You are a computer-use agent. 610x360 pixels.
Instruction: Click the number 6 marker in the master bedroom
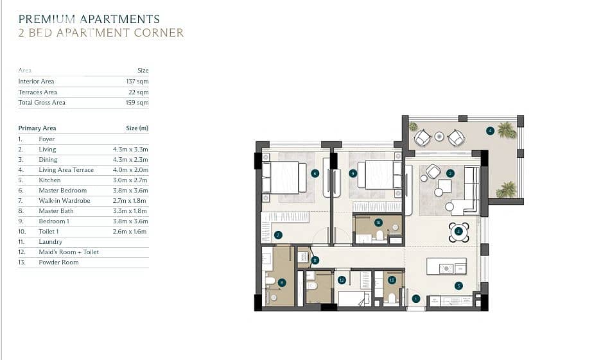[x=315, y=173]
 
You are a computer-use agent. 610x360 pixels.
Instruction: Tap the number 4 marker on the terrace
[x=490, y=131]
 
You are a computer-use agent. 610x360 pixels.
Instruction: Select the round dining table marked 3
[x=458, y=232]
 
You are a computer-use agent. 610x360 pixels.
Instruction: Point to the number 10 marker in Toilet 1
[x=378, y=223]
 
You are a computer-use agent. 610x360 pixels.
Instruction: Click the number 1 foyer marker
[x=416, y=299]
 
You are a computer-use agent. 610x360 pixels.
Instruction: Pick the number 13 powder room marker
[x=392, y=280]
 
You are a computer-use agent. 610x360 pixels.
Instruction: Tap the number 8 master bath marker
[x=282, y=283]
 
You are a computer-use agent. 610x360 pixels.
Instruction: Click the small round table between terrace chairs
[x=439, y=137]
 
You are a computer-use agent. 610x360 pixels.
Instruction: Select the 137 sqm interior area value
[x=137, y=81]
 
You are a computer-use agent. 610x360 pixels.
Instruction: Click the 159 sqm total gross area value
[x=137, y=103]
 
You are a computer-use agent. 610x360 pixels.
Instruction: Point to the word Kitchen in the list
[x=50, y=180]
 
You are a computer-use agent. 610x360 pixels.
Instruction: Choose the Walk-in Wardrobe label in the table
[x=65, y=201]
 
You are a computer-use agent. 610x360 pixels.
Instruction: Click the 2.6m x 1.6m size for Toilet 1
[x=130, y=231]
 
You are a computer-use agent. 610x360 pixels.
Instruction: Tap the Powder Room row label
[x=58, y=262]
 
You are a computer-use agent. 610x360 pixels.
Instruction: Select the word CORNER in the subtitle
[x=159, y=33]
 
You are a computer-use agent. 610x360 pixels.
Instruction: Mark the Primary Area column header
[x=37, y=128]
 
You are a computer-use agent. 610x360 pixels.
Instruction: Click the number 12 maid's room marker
[x=342, y=280]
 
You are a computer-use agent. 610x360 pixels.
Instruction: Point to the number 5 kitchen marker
[x=458, y=286]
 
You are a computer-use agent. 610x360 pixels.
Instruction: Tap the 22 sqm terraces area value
[x=139, y=92]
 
